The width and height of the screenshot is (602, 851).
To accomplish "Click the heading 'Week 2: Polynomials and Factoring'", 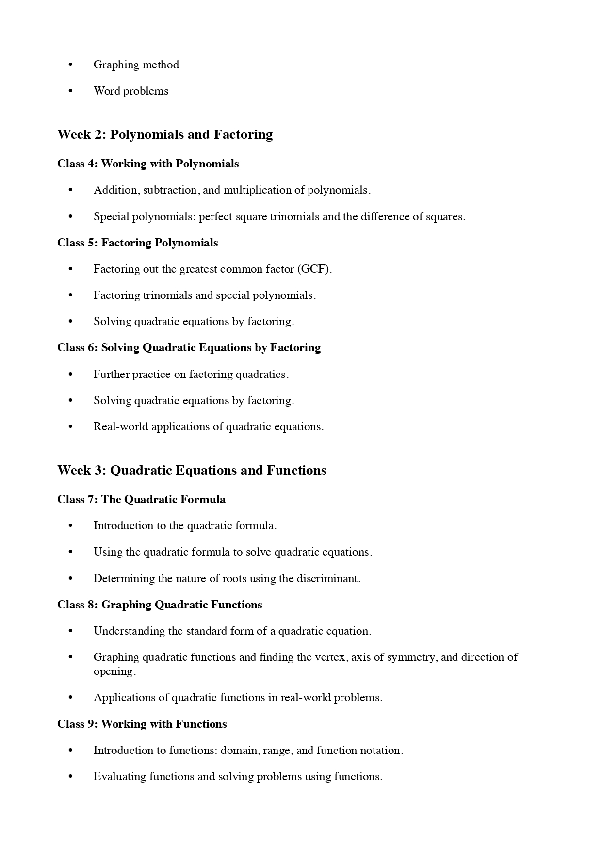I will [x=165, y=134].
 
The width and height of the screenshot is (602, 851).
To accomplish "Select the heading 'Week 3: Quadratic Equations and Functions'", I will [x=192, y=470].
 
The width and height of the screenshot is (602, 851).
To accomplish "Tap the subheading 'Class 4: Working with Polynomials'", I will [x=148, y=164].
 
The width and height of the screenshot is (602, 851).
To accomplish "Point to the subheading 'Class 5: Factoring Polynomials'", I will [x=137, y=243].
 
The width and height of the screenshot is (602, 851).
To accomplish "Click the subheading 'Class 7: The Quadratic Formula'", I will [x=141, y=499].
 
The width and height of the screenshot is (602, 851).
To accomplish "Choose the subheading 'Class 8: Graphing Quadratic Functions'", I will [x=160, y=605].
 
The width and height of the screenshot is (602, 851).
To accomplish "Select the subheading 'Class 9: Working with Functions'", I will [x=142, y=724].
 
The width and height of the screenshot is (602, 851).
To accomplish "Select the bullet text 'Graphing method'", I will [x=136, y=65].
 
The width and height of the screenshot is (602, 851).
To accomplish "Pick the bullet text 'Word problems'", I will [x=130, y=91].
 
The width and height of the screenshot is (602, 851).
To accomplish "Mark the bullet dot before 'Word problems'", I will [x=71, y=91].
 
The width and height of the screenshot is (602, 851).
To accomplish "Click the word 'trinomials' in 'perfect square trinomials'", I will [x=294, y=216].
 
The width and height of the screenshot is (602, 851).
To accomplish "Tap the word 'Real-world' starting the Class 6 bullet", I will [x=120, y=426].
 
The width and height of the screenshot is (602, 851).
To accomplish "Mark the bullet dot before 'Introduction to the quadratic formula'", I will [x=71, y=525].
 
